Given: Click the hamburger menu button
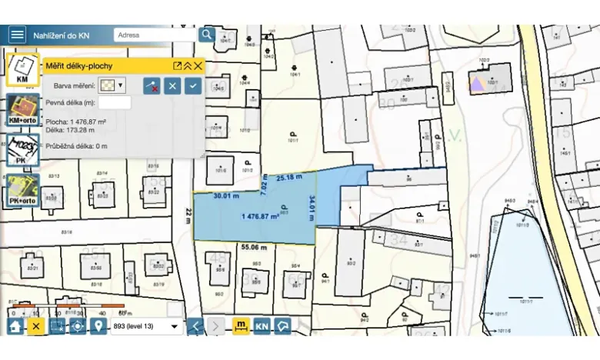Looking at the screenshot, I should pos(17,35).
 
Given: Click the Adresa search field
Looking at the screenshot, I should pos(154,35).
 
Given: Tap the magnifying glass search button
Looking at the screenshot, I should pos(206,35).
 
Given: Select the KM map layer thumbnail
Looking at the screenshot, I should pos(22,69).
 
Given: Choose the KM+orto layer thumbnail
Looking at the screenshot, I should pos(22,110).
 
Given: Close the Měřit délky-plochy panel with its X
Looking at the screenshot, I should pos(198,66).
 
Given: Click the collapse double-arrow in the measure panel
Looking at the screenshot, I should pos(188,66).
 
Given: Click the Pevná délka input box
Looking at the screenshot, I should pos(114,102).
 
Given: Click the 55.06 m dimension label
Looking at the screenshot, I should pos(254,248).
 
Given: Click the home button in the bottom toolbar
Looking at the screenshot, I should pos(15,326).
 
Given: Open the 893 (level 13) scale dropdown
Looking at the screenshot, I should pos(146,326).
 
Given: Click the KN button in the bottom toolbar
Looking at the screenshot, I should pos(262,326).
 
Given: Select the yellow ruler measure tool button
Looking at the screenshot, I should pos(241,326).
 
